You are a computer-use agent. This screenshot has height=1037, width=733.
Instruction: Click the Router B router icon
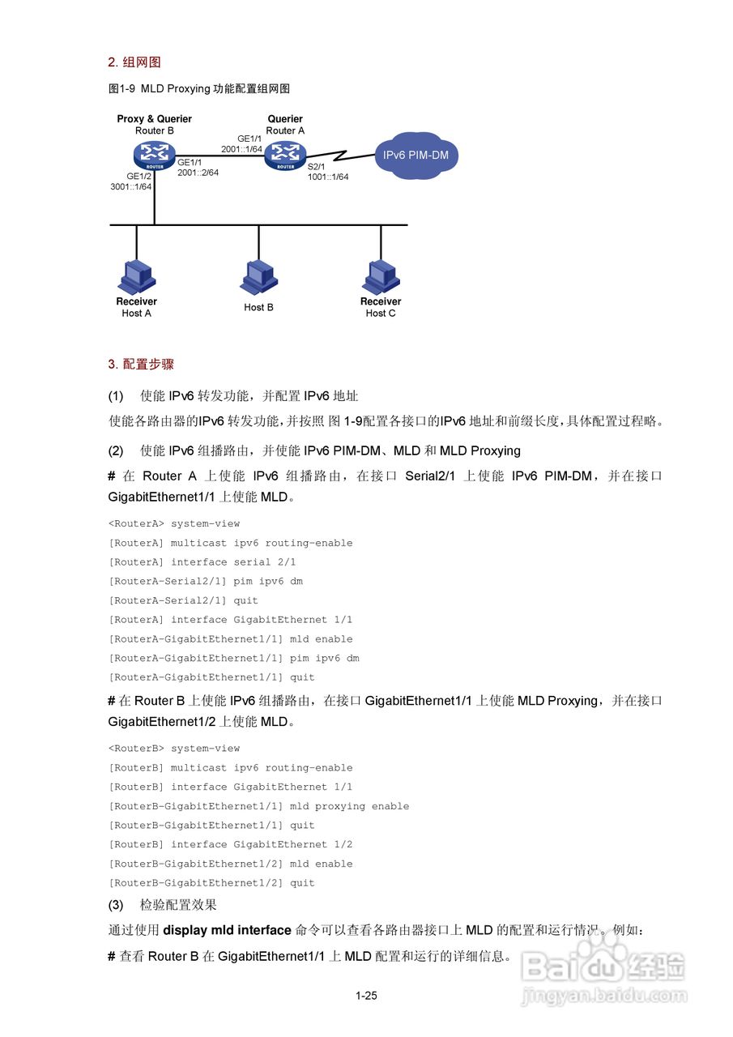[155, 154]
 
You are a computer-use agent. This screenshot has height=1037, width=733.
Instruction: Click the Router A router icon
[285, 154]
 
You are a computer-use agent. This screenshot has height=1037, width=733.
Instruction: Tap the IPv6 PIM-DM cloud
[416, 156]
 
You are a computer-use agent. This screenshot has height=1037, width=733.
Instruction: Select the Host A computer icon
[136, 277]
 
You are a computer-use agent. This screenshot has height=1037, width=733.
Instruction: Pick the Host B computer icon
[258, 277]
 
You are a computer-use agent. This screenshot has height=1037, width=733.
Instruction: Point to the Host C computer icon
[380, 277]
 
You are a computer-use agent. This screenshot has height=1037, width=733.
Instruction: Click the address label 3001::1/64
[131, 186]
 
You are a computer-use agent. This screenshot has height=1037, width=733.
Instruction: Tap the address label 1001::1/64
[328, 177]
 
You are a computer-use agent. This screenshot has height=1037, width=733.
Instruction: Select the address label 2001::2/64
[198, 172]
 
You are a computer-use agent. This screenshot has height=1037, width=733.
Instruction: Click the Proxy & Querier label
[155, 119]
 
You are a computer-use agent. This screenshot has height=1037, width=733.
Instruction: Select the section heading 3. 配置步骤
[141, 365]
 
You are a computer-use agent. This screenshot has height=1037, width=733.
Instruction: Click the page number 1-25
[366, 996]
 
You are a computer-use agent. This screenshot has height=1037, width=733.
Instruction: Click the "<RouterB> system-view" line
[174, 749]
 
